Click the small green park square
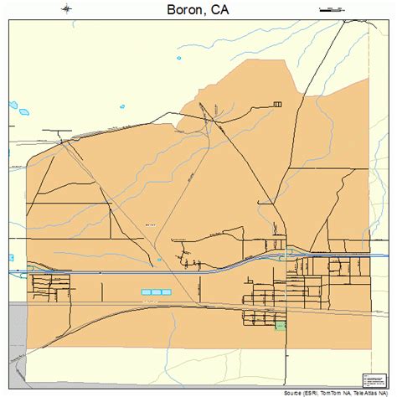pos(281,325)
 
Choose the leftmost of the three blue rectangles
pos(146,291)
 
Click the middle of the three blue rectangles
pos(156,291)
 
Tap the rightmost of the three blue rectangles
pos(166,291)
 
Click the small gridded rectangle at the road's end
pos(277,104)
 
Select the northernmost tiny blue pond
pos(13,106)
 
